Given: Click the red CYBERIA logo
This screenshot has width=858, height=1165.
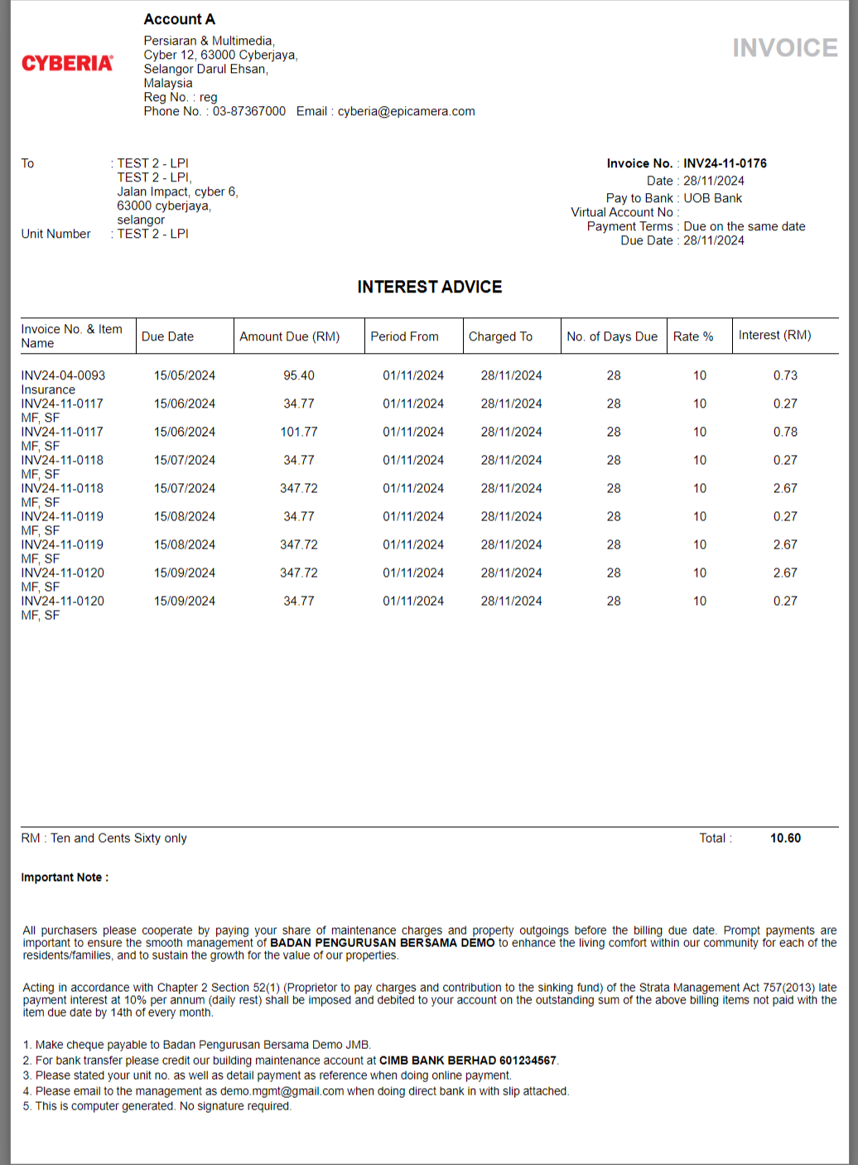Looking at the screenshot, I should pyautogui.click(x=67, y=64).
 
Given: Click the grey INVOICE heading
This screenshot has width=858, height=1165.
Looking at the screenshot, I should pyautogui.click(x=784, y=48).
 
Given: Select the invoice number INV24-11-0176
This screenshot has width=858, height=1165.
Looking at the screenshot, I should pyautogui.click(x=725, y=163).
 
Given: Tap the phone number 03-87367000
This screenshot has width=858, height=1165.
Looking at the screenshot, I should pyautogui.click(x=248, y=111).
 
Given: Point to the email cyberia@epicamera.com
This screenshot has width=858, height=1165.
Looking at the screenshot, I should pyautogui.click(x=406, y=111).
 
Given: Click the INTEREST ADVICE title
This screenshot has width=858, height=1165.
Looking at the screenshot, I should pyautogui.click(x=429, y=287).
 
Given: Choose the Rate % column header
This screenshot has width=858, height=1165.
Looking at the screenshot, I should pyautogui.click(x=692, y=336).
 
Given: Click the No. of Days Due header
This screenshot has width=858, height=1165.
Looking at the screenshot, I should pyautogui.click(x=612, y=336).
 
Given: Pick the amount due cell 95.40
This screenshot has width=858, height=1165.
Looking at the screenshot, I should pyautogui.click(x=298, y=375).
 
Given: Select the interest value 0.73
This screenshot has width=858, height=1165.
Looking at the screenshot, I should pyautogui.click(x=785, y=375).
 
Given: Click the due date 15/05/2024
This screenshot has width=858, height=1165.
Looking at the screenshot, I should pyautogui.click(x=184, y=375).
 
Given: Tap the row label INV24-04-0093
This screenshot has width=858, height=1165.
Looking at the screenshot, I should pyautogui.click(x=63, y=375).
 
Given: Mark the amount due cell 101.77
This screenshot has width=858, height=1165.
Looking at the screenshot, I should pyautogui.click(x=298, y=432).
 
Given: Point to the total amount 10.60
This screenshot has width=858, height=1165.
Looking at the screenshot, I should pyautogui.click(x=785, y=838).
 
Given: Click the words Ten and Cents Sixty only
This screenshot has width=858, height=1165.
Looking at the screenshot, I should pyautogui.click(x=118, y=838).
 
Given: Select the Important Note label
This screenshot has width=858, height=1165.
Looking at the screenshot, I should pyautogui.click(x=65, y=877).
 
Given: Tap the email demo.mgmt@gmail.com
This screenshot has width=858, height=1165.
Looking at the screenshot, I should pyautogui.click(x=282, y=1091).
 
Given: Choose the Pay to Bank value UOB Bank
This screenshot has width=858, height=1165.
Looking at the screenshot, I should pyautogui.click(x=712, y=198).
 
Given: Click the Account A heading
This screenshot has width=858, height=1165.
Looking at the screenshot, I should pyautogui.click(x=179, y=19).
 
